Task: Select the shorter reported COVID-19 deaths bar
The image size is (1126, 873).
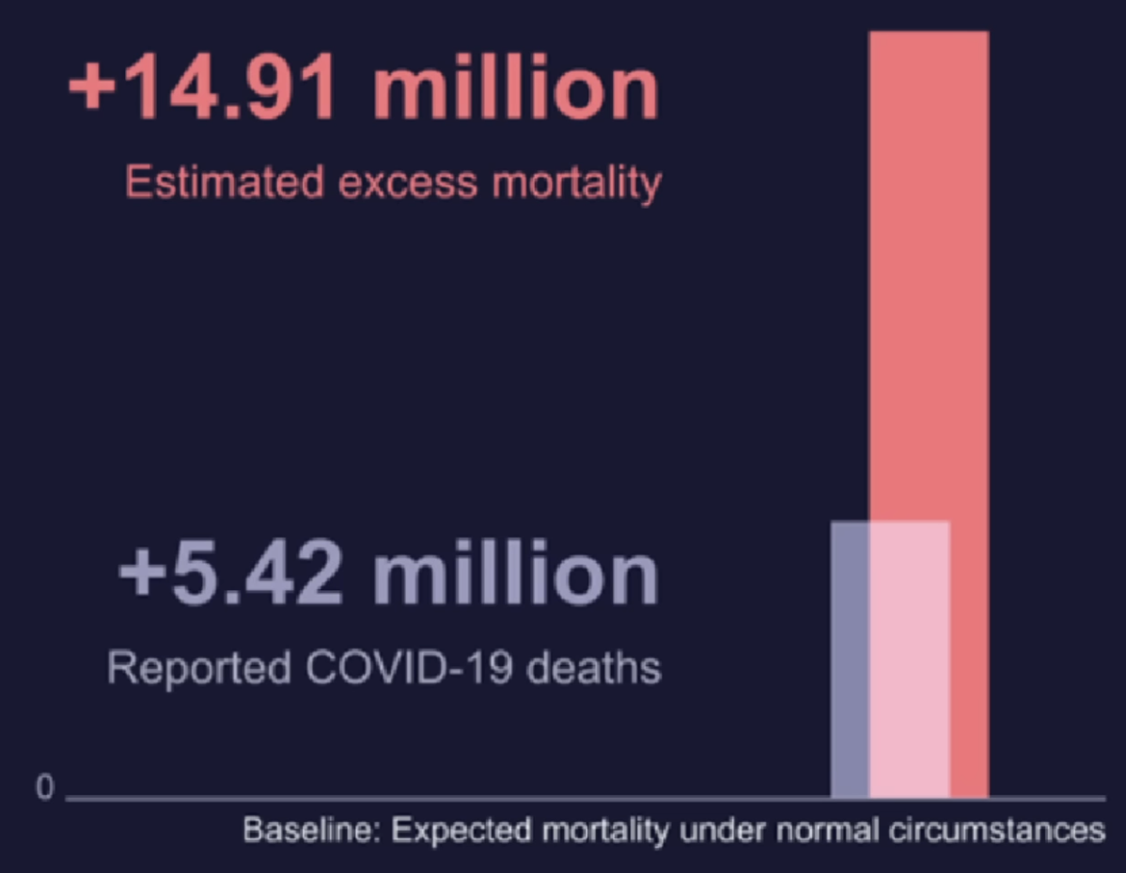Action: pos(890,658)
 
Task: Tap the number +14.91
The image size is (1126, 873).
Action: pos(202,89)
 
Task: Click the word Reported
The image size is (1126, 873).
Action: pos(199,669)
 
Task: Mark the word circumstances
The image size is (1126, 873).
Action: pos(993,832)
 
